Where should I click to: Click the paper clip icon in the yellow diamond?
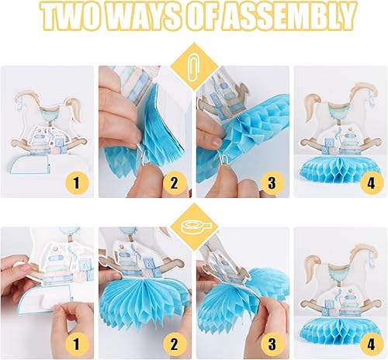[x=193, y=67]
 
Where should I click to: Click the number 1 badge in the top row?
[x=76, y=183]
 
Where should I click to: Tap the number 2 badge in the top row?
[x=174, y=183]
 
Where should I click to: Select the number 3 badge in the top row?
[x=272, y=183]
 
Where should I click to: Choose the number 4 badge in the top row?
[x=371, y=183]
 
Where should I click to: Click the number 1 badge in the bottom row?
[x=76, y=344]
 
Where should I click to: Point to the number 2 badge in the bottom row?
[x=174, y=344]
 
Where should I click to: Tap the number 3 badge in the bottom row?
[x=272, y=344]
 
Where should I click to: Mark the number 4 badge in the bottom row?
[x=371, y=344]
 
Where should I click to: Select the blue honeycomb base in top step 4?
[x=341, y=168]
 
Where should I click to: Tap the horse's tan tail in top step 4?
[x=311, y=106]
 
